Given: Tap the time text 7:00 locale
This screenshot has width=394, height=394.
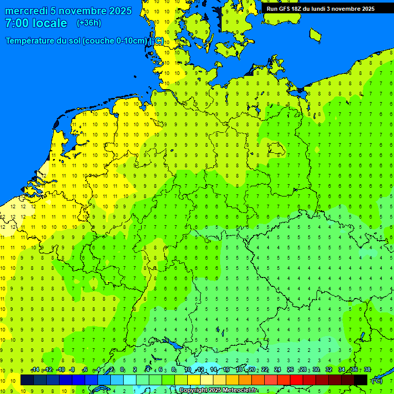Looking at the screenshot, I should [x=36, y=23].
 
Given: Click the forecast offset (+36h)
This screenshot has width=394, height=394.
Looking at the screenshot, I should [x=89, y=23].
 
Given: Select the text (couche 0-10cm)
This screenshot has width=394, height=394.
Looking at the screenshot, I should [x=114, y=41].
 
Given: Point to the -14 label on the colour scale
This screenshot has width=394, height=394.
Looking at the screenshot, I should [x=35, y=370].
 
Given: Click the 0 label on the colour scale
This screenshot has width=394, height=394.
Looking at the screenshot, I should [x=122, y=370].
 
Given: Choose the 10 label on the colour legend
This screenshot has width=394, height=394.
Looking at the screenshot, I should [x=188, y=370].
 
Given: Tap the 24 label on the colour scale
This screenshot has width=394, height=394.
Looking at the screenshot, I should [x=278, y=370].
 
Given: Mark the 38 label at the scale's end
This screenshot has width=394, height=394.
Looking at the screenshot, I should [x=367, y=370].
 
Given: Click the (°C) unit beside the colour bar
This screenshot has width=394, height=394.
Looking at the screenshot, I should [x=377, y=381].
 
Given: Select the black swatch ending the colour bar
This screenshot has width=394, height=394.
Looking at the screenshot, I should [x=361, y=380].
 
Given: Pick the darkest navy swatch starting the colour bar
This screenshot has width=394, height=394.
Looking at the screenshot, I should [x=27, y=380].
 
